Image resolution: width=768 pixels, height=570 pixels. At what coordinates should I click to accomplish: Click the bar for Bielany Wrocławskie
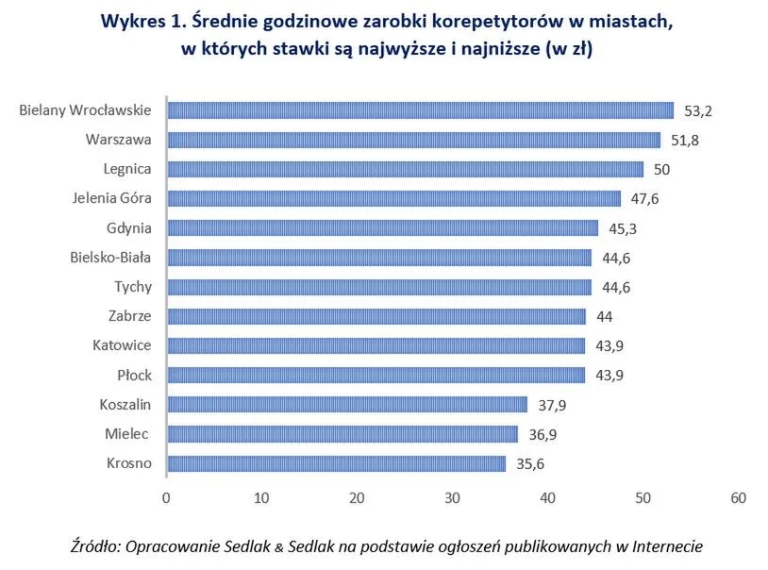[420, 110]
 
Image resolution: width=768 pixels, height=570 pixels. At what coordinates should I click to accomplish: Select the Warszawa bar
[413, 140]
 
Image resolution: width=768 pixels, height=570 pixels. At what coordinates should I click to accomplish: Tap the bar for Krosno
[336, 463]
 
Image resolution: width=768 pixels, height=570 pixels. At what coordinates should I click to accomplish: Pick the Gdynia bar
[382, 227]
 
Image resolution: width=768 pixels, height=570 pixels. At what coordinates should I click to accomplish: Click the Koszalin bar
[347, 405]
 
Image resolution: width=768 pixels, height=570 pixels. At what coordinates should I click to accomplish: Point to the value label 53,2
[697, 111]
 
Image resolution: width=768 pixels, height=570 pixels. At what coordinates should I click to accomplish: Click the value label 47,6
[644, 199]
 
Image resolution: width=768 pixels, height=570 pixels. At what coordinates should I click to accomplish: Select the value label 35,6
[529, 463]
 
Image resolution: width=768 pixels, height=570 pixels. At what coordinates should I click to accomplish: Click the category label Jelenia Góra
[111, 198]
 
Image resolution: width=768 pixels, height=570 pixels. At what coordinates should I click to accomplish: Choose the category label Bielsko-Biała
[110, 257]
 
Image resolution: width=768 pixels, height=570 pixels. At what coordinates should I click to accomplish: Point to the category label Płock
[134, 375]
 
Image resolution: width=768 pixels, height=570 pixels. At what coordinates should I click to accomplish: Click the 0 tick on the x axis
[166, 497]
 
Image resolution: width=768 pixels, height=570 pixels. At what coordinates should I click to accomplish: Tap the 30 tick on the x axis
[452, 497]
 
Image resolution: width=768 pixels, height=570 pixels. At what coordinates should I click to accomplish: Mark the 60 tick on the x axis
[738, 497]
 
